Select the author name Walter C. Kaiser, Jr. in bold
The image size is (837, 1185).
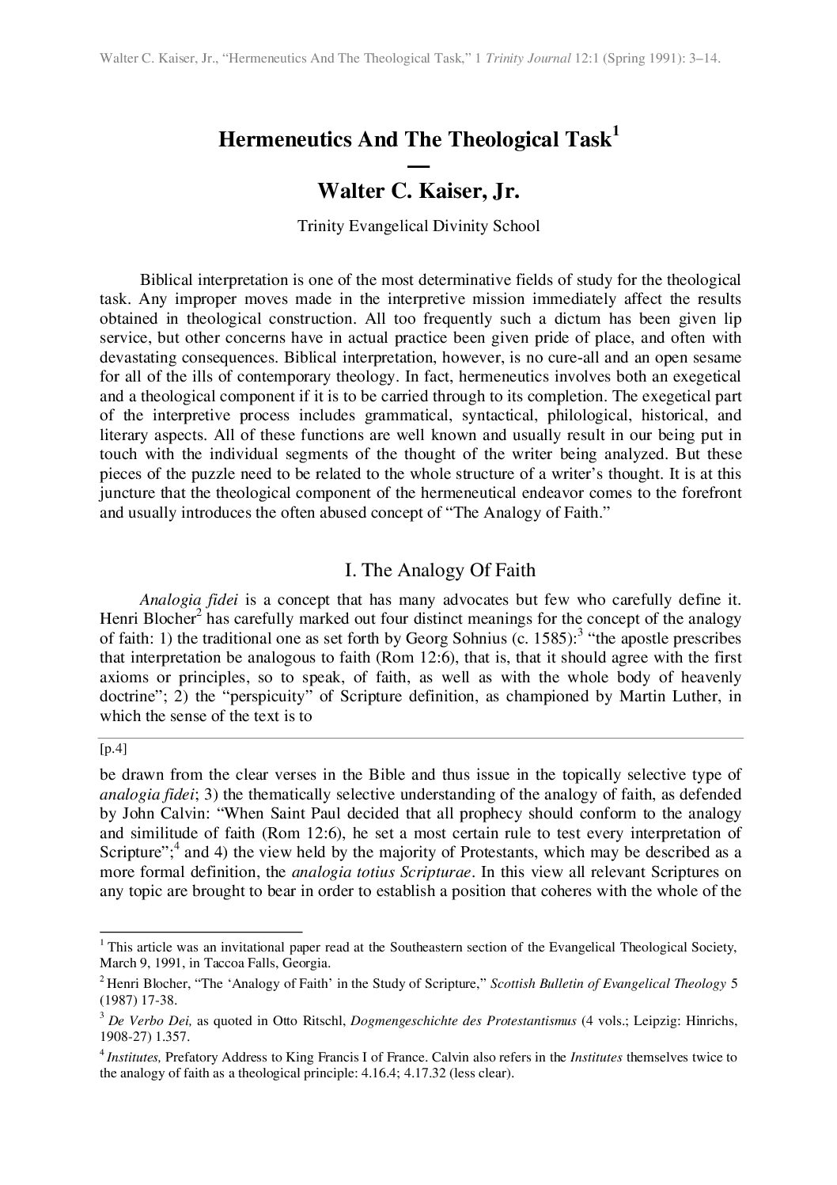point(418,192)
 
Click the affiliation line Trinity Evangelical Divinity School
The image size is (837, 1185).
point(418,226)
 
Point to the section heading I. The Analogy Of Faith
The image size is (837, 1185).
point(441,570)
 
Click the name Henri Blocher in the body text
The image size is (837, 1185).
point(145,618)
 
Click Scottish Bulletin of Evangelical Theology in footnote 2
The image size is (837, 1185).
point(608,984)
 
